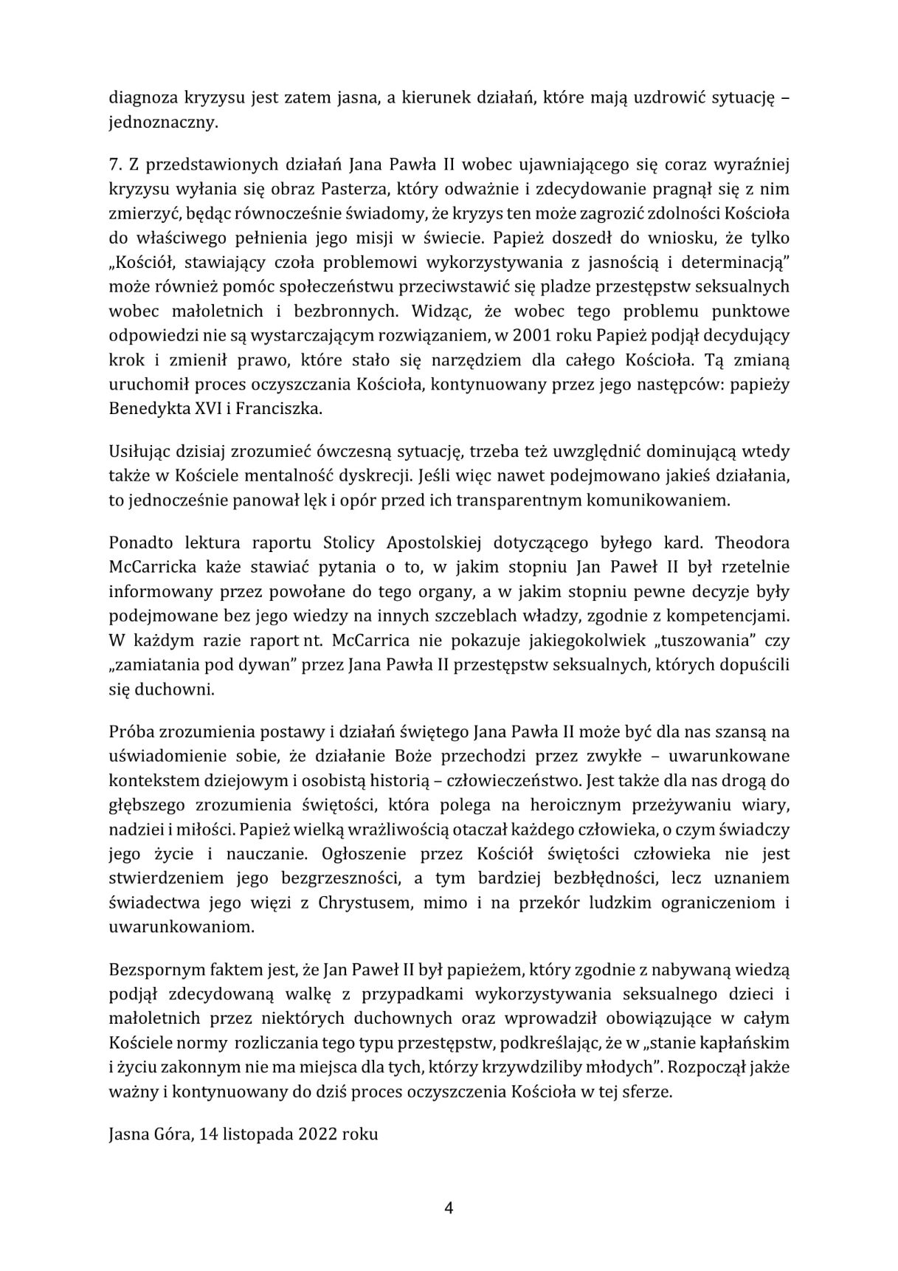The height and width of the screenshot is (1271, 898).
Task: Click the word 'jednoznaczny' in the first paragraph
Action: (162, 122)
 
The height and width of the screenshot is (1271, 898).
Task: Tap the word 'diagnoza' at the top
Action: (140, 97)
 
